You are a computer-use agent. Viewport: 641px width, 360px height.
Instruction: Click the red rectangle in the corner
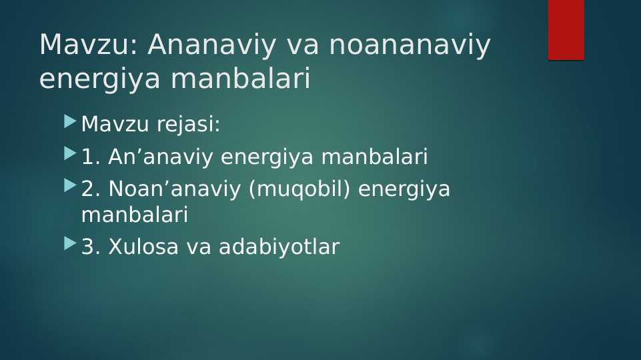click(566, 30)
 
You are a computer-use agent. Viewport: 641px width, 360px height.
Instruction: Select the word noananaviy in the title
click(410, 45)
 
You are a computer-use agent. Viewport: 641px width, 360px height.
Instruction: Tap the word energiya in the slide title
click(99, 79)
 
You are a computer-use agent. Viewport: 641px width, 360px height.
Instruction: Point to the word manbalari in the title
click(240, 77)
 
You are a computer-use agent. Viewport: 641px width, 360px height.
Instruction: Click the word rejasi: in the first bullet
click(189, 124)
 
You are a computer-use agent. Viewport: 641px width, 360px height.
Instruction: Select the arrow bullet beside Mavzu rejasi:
click(70, 121)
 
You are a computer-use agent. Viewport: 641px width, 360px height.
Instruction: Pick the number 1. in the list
click(91, 157)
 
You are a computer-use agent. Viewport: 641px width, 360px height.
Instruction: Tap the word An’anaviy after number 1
click(161, 157)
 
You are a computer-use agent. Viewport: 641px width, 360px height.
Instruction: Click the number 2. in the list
click(91, 189)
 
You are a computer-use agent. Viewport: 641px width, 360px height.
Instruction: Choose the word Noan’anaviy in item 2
click(175, 189)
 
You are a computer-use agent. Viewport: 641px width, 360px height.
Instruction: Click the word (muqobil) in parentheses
click(299, 189)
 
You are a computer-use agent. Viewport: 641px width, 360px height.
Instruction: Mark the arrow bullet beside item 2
click(70, 186)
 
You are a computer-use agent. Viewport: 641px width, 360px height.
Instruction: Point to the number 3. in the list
click(91, 247)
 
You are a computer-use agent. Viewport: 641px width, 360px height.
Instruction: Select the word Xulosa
click(143, 247)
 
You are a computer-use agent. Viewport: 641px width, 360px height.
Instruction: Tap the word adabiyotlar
click(279, 247)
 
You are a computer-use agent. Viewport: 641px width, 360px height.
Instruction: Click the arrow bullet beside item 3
click(70, 243)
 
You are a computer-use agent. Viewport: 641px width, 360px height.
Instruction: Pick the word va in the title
click(303, 46)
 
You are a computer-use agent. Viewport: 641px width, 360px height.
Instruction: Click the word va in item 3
click(199, 247)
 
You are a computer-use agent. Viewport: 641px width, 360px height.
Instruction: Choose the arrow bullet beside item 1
click(70, 153)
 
